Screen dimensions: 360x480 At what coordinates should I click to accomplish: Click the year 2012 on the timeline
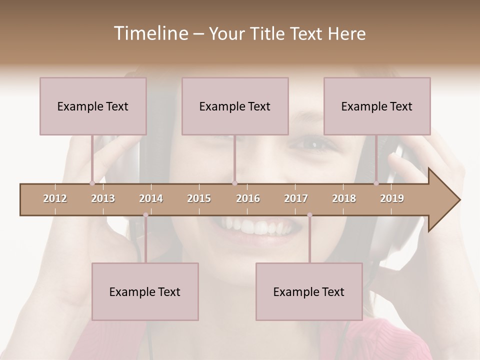pos(55,198)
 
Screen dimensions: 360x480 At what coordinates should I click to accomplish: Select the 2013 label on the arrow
pos(103,198)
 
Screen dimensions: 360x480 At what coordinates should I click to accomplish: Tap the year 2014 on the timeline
pos(151,198)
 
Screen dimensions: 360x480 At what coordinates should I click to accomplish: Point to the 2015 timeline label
pos(199,198)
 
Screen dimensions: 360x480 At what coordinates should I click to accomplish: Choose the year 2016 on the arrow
pos(248,198)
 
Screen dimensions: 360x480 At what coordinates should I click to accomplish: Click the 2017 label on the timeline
pos(296,198)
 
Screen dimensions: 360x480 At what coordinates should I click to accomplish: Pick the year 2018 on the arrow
pos(344,198)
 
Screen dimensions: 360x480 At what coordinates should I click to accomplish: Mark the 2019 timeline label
pos(392,198)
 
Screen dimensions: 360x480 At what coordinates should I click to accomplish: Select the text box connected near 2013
pos(93,106)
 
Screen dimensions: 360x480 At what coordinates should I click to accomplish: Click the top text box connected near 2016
pos(235,106)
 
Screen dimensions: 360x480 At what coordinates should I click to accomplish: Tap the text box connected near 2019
pos(377,106)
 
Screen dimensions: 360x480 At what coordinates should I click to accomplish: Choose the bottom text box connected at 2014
pos(145,291)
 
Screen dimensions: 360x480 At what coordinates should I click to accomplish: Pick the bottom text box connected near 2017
pos(309,291)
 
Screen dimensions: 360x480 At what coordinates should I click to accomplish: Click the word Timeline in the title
pos(150,33)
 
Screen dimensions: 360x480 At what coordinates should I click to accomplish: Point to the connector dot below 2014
pos(145,215)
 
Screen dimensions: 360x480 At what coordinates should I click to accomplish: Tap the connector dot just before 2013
pos(92,183)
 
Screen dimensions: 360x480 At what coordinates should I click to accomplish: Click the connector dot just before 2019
pos(376,183)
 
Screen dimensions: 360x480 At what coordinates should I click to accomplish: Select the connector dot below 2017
pos(309,215)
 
